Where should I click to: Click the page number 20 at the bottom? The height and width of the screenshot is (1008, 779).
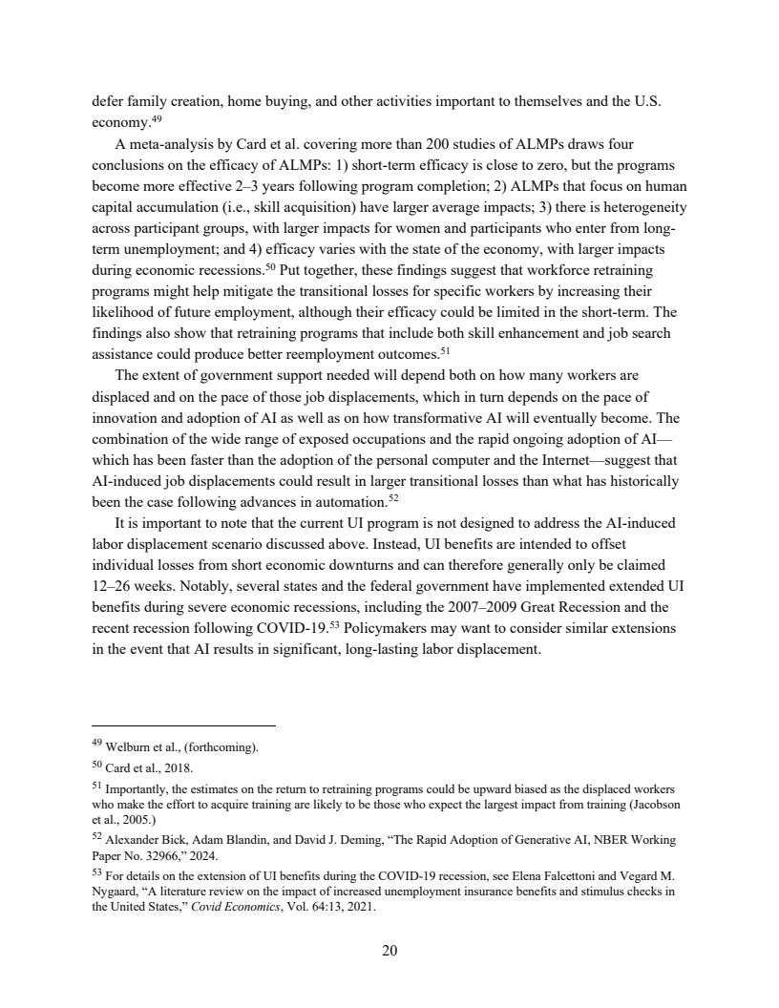pos(389,950)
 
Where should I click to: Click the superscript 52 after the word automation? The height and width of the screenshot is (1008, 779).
pos(392,496)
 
